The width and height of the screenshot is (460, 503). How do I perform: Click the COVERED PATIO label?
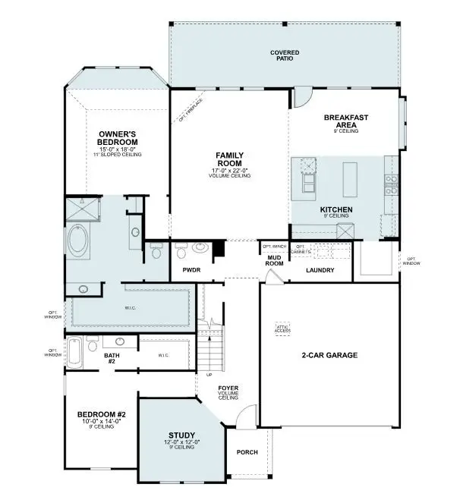[x=285, y=55]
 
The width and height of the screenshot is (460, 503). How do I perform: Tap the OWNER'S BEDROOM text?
[x=118, y=138]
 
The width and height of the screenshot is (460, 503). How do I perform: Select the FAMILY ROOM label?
[x=229, y=159]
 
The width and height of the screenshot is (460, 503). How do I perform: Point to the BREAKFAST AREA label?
[x=345, y=121]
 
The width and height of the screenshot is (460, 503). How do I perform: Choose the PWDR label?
[x=191, y=269]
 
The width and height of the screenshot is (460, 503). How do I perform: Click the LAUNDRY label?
[x=320, y=270]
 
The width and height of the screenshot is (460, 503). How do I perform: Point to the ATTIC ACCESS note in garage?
[x=282, y=329]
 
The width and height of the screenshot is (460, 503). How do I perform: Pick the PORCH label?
[x=247, y=453]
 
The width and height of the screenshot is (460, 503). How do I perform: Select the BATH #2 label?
[x=111, y=358]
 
